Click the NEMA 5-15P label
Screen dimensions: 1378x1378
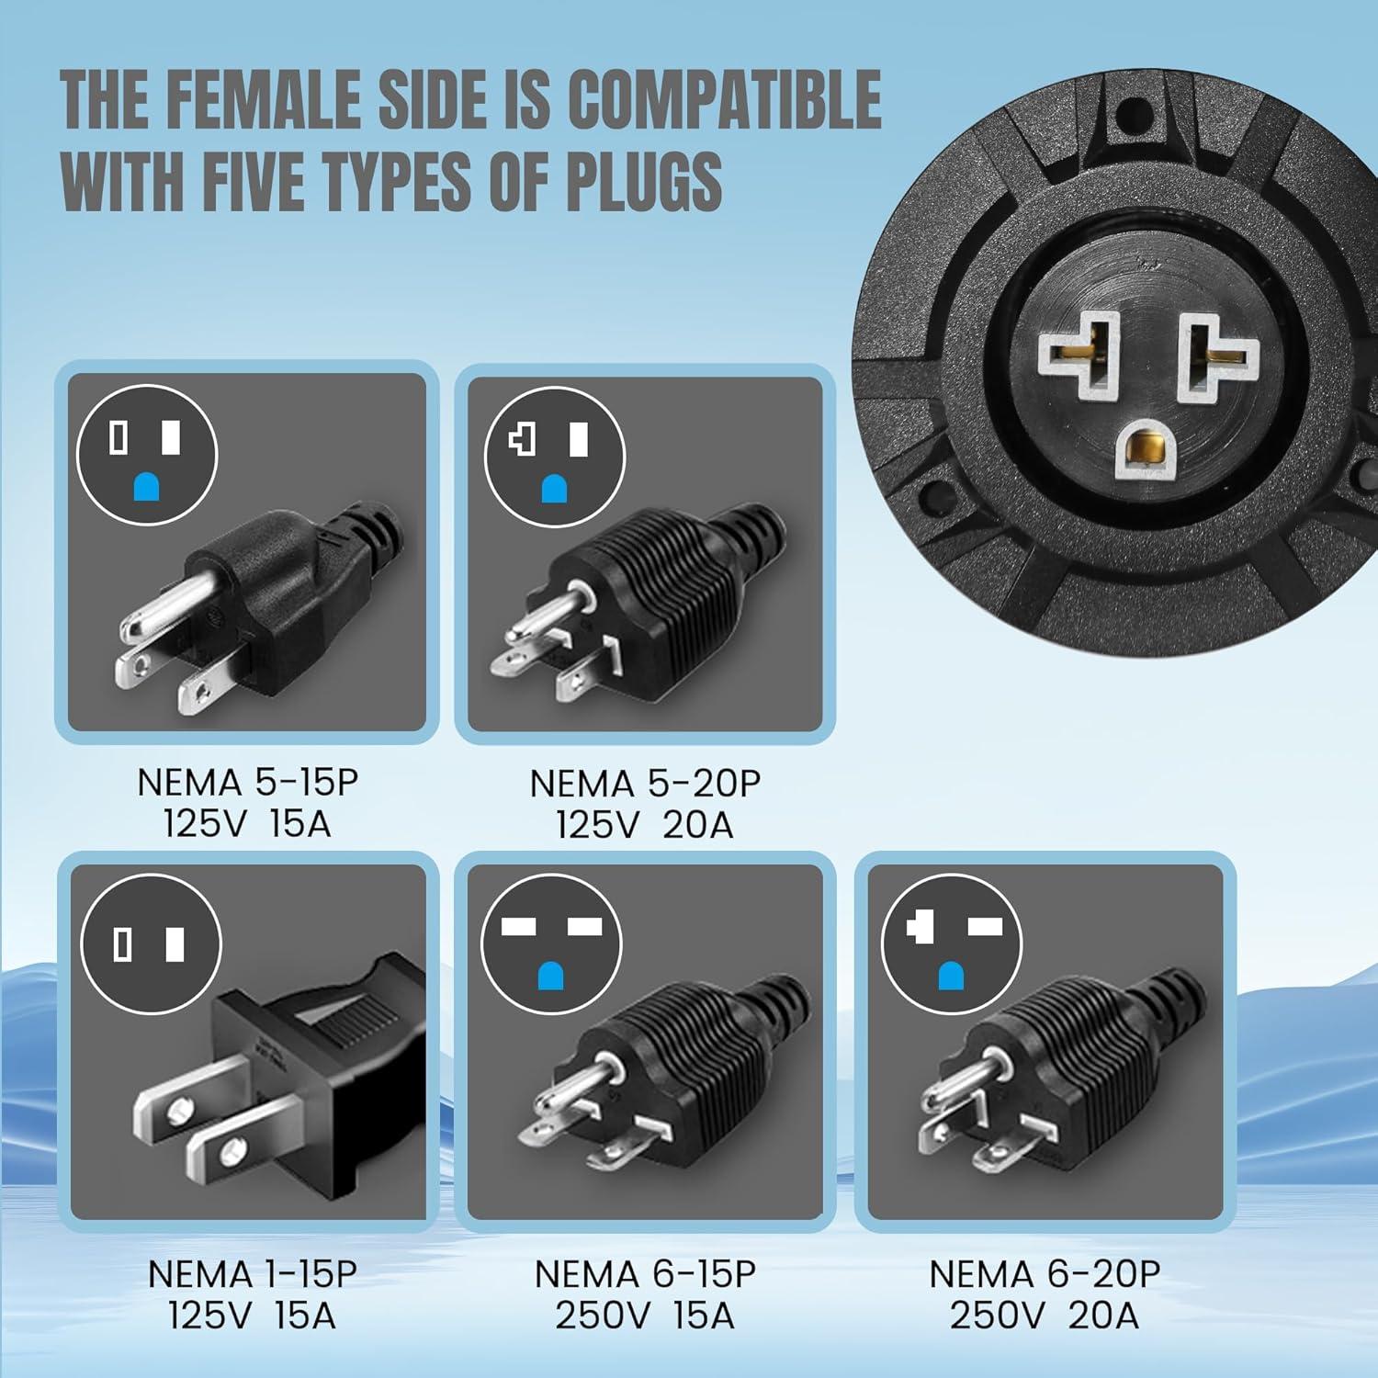pyautogui.click(x=247, y=783)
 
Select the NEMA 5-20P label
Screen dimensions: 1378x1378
pyautogui.click(x=645, y=784)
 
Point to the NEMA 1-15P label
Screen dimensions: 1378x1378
pyautogui.click(x=252, y=1274)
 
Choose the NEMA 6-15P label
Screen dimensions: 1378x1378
pyautogui.click(x=645, y=1274)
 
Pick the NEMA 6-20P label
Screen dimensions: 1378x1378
pyautogui.click(x=1045, y=1274)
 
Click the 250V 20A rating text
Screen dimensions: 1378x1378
pyautogui.click(x=1045, y=1316)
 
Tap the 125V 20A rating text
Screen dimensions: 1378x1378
pyautogui.click(x=645, y=825)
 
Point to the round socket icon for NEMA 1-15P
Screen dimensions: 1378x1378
pyautogui.click(x=151, y=944)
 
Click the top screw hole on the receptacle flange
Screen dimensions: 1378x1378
pyautogui.click(x=1129, y=117)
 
